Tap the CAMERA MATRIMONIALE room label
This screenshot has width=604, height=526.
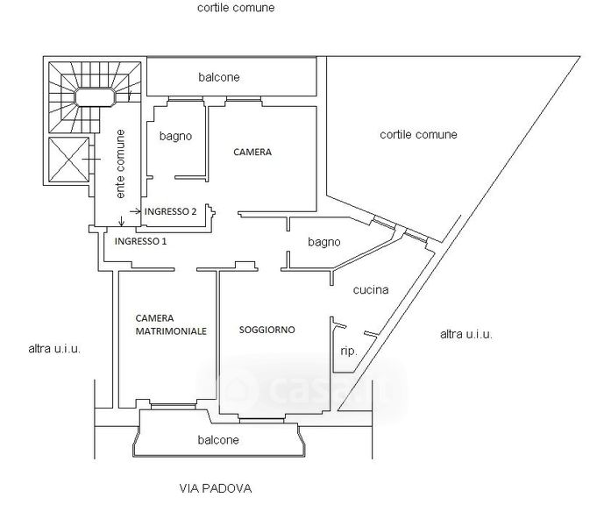tap(171, 324)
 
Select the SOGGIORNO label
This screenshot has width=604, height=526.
tap(266, 330)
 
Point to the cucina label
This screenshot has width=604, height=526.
tap(371, 290)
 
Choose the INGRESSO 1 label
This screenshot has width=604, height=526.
tap(140, 240)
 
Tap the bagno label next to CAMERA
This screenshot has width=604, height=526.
tap(175, 137)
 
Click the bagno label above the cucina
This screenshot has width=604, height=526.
tap(323, 242)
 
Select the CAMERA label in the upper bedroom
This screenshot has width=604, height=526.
tap(252, 152)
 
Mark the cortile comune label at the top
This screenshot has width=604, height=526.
tap(236, 8)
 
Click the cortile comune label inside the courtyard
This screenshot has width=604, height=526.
tap(418, 135)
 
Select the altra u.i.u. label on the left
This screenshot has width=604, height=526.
tap(54, 348)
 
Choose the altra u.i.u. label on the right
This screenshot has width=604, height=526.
tap(465, 334)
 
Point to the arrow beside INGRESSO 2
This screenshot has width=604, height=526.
tap(135, 212)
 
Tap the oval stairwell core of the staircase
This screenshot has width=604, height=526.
tap(94, 96)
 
